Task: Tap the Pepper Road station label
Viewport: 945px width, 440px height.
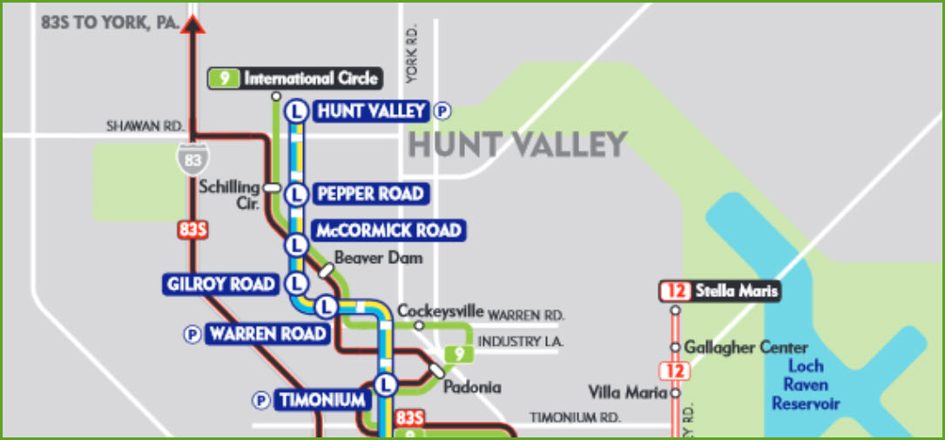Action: [x=370, y=193]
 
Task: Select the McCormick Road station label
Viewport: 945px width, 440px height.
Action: [x=388, y=231]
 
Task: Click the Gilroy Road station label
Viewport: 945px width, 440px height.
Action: [x=220, y=284]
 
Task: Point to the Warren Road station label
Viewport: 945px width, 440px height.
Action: [x=267, y=334]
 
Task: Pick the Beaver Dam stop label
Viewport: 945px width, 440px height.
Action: [x=378, y=258]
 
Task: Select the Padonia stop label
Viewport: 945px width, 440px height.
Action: [x=473, y=387]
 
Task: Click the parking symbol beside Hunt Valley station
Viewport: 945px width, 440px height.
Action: [x=444, y=111]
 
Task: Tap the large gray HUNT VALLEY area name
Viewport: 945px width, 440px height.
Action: [x=517, y=145]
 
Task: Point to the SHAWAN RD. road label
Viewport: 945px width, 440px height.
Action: [x=145, y=126]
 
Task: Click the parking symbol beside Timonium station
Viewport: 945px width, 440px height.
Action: [x=260, y=400]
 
